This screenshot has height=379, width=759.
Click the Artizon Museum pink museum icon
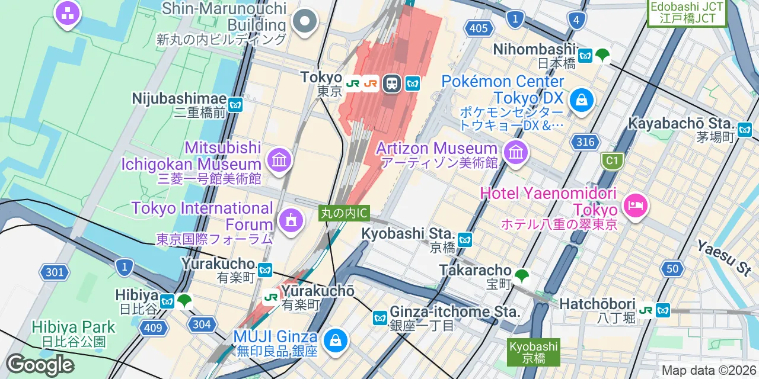pyautogui.click(x=516, y=153)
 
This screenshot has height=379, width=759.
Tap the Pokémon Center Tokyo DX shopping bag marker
pyautogui.click(x=582, y=100)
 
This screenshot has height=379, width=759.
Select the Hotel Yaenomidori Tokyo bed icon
pyautogui.click(x=635, y=206)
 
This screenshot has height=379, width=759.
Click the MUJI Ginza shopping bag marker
pyautogui.click(x=335, y=341)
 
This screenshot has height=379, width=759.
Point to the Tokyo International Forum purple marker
pyautogui.click(x=291, y=220)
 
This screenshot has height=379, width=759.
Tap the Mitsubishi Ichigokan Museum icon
pyautogui.click(x=279, y=159)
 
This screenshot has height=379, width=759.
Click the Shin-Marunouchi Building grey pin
pyautogui.click(x=305, y=21)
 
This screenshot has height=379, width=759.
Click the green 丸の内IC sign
pyautogui.click(x=345, y=213)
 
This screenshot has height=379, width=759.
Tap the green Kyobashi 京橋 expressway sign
pyautogui.click(x=533, y=352)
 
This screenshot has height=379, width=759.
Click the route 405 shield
pyautogui.click(x=478, y=28)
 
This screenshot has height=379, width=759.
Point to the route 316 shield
pyautogui.click(x=585, y=142)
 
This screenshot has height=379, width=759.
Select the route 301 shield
pyautogui.click(x=53, y=272)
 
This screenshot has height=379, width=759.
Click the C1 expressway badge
pyautogui.click(x=611, y=160)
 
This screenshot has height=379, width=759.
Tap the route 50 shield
pyautogui.click(x=672, y=269)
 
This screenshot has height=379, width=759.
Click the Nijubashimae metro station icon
pyautogui.click(x=235, y=105)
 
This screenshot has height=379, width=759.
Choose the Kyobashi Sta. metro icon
pyautogui.click(x=465, y=240)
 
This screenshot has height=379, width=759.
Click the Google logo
pyautogui.click(x=40, y=365)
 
